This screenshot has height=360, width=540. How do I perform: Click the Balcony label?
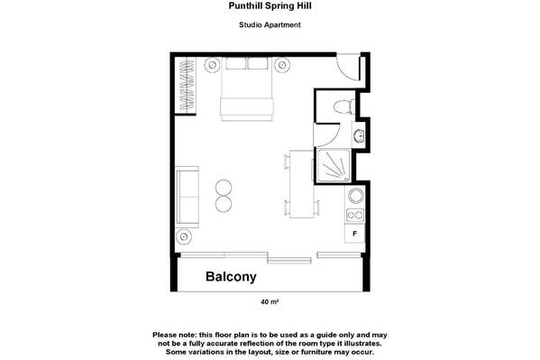click(x=231, y=277)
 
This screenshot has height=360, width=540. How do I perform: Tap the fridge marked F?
click(x=354, y=234)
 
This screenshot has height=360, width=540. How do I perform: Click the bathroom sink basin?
click(x=358, y=135)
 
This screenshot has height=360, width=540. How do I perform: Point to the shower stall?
click(x=334, y=165)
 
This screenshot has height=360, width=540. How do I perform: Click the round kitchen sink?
click(x=356, y=196)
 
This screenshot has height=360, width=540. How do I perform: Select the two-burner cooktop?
click(x=355, y=215)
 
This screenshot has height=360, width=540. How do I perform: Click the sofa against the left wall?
click(x=188, y=197)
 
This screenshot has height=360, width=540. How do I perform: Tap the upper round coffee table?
click(x=224, y=189)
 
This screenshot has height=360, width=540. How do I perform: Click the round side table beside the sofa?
click(x=184, y=236)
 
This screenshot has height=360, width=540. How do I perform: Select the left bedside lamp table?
click(x=212, y=64)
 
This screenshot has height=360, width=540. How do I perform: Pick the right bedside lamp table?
click(x=282, y=64)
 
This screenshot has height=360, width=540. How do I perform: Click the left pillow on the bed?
click(x=236, y=63)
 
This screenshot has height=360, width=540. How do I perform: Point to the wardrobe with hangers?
click(x=186, y=85)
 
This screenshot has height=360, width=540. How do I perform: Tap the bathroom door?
click(x=326, y=134)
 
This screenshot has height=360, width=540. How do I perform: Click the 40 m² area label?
click(x=270, y=301)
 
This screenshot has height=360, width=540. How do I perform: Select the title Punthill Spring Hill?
click(x=270, y=5)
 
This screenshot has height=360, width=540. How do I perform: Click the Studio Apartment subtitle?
click(x=270, y=25)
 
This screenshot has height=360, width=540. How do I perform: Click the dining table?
click(x=302, y=184)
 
